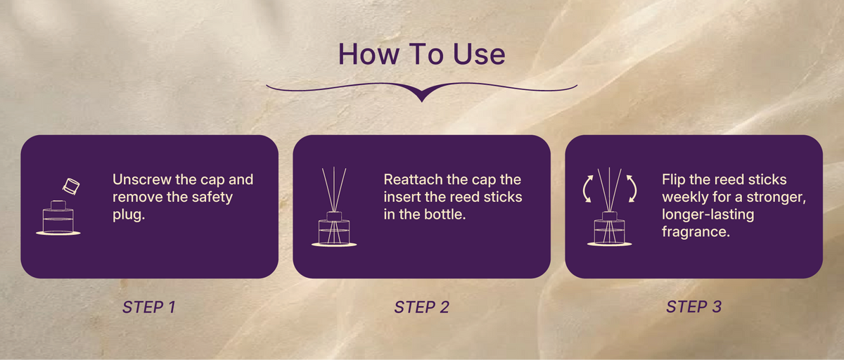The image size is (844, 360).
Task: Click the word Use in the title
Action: pos(479,54)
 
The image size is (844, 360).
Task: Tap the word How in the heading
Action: pos(369,54)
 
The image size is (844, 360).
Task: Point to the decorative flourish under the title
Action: pos(421,91)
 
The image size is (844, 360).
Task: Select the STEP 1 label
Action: pos(149,307)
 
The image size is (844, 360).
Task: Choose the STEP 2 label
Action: pos(421,307)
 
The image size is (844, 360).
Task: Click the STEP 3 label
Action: pos(693,307)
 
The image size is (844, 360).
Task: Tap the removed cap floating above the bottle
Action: pos(71,186)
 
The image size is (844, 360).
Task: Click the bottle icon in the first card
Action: pos(58,218)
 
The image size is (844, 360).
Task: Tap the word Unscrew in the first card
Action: pos(142,179)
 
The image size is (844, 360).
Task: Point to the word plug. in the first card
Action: pos(129,215)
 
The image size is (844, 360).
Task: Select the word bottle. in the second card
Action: pos(445,214)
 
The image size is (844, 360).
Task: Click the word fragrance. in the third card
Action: pos(696,232)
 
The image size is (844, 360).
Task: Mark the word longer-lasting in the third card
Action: pos(708,214)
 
